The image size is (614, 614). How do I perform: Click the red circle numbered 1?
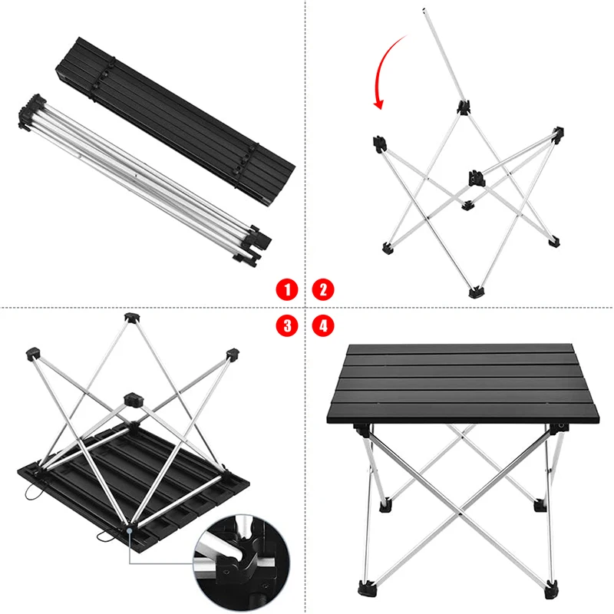(287, 290)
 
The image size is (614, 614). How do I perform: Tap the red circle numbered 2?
(323, 290)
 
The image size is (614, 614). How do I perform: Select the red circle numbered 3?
(287, 325)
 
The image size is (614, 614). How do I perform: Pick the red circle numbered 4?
(323, 325)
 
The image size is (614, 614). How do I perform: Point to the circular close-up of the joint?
(242, 563)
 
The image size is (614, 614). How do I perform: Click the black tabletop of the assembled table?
(463, 384)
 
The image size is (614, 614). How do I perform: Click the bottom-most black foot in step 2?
(476, 292)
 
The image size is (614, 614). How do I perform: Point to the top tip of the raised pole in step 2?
(424, 10)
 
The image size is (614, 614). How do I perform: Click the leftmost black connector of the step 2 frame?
(379, 144)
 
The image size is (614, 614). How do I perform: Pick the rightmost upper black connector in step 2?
(558, 133)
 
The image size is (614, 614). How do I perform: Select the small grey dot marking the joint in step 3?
(129, 530)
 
